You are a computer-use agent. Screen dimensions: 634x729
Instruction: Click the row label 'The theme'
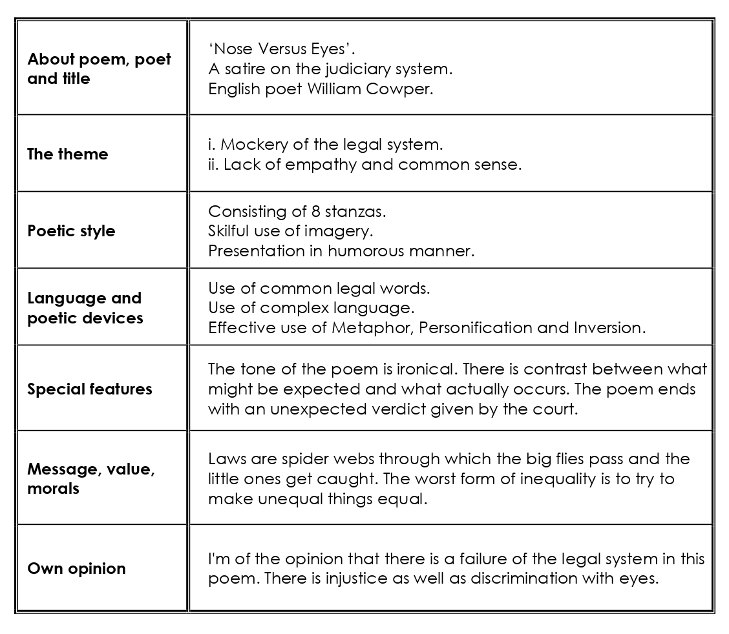(x=67, y=154)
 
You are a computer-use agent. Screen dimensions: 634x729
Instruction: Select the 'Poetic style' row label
(x=71, y=231)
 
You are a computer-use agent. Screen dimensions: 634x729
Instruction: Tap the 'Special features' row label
(x=89, y=389)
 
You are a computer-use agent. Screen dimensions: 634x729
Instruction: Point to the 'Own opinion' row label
(x=76, y=569)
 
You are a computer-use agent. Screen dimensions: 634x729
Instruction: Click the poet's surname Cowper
(x=399, y=89)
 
